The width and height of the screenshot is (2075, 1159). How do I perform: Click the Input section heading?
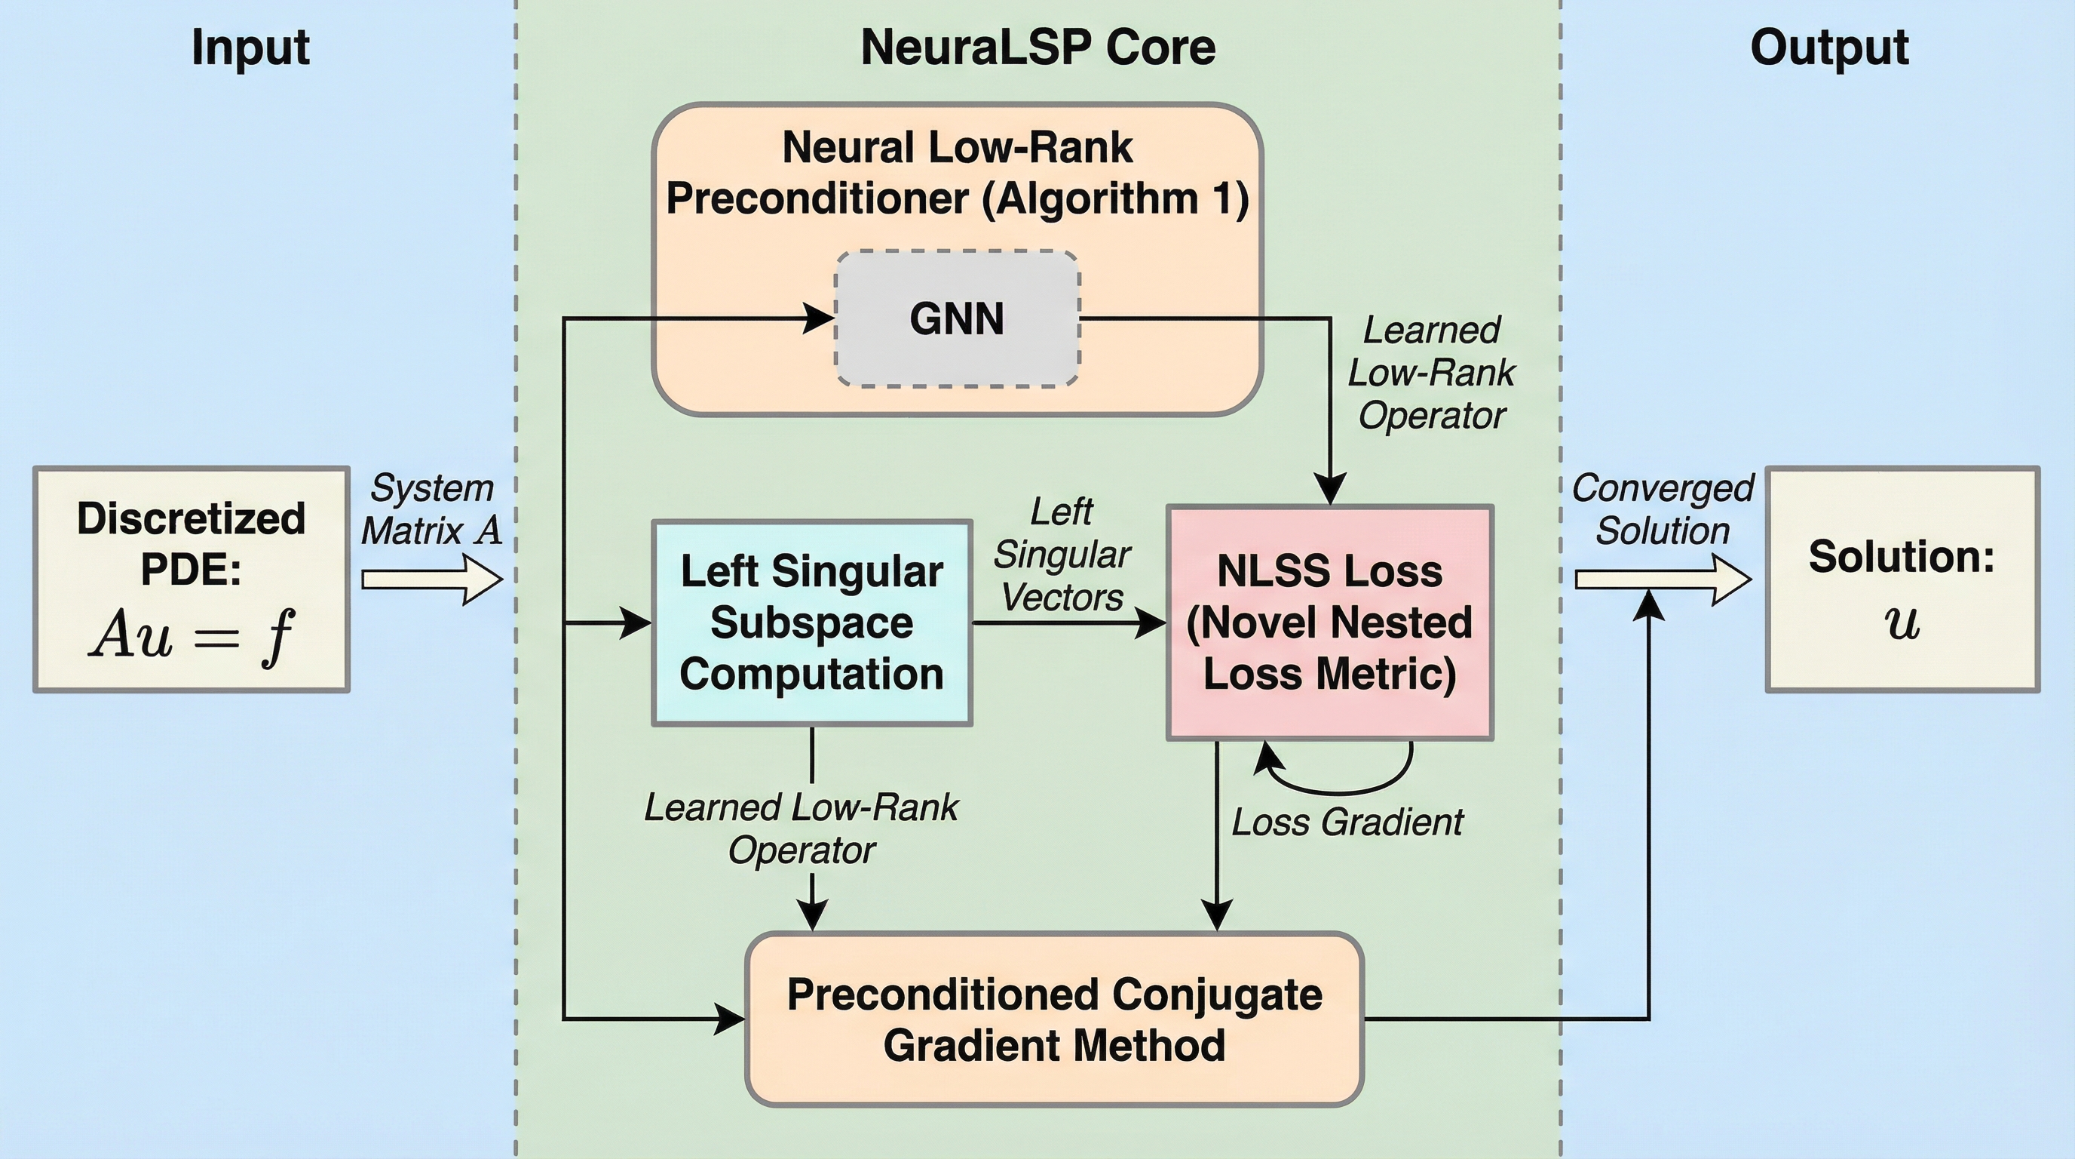(250, 48)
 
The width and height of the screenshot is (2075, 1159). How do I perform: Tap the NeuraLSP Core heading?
(1037, 48)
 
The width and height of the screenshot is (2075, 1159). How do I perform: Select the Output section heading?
(1829, 48)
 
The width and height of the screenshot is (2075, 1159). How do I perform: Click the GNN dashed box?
(957, 319)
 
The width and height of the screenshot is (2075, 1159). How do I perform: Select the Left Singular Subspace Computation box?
(811, 623)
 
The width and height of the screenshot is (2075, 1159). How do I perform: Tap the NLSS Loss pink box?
(1330, 623)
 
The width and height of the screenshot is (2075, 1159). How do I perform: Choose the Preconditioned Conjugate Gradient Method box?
(1054, 1019)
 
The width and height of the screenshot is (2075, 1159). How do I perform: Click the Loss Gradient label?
(1347, 823)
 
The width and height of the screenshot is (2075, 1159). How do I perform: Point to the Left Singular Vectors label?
(1062, 555)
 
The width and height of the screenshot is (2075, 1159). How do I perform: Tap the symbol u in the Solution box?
(1902, 623)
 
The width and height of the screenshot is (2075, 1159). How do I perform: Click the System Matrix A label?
(432, 509)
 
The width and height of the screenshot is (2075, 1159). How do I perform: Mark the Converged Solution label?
(1663, 509)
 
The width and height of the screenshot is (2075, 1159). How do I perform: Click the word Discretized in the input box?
(191, 518)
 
